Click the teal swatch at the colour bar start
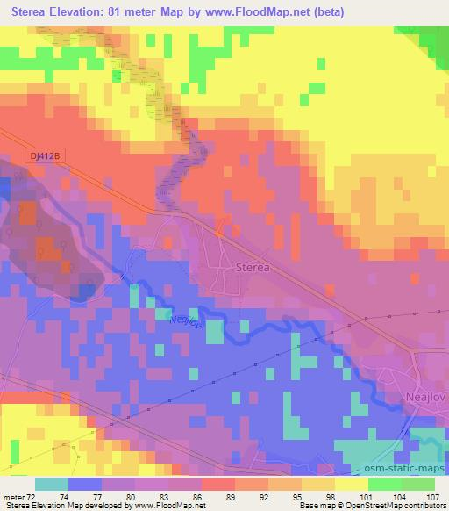52,484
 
